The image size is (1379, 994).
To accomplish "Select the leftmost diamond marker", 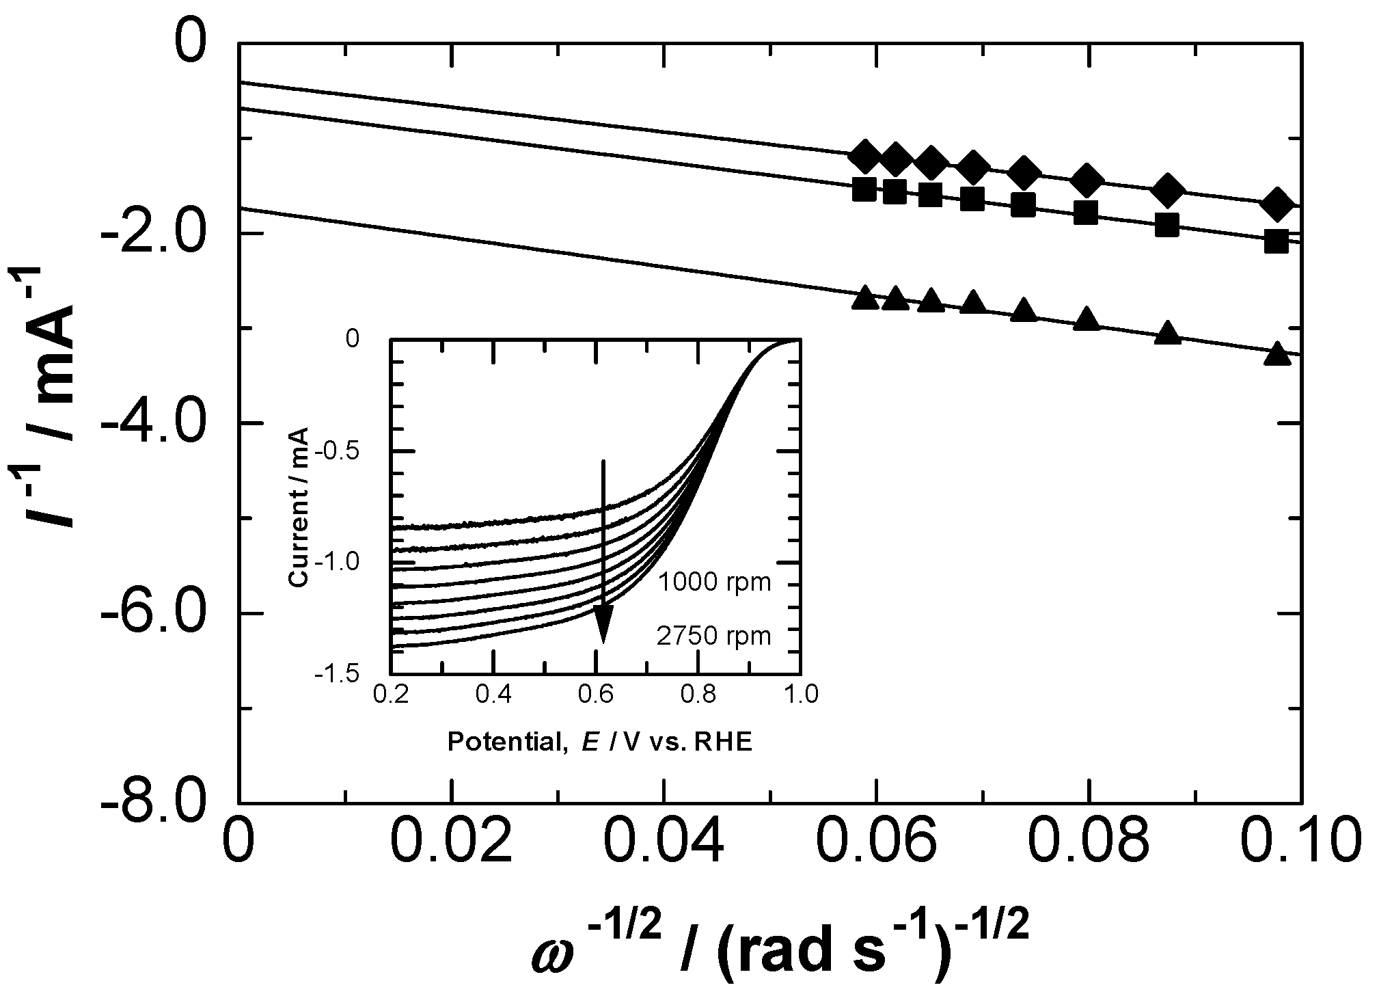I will [865, 157].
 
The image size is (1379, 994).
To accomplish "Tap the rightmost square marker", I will [1276, 241].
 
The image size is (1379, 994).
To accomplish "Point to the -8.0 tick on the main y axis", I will [241, 802].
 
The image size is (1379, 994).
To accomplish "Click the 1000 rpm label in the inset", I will [714, 582].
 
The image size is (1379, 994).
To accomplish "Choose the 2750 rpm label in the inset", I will [714, 636].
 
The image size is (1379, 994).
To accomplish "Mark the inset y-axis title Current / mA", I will [298, 507].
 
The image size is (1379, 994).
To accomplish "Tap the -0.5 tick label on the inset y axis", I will [346, 451].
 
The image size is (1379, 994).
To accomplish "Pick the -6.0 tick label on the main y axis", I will [153, 614].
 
